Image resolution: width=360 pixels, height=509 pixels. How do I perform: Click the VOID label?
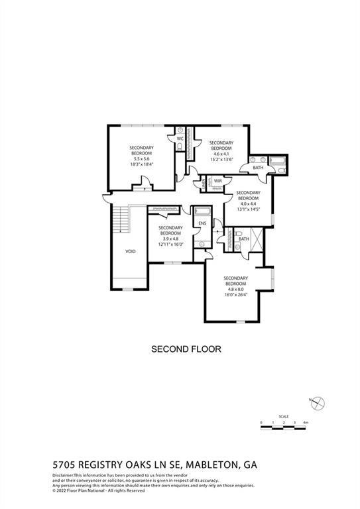point(130,252)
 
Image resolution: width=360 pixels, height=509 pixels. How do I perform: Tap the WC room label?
point(180,139)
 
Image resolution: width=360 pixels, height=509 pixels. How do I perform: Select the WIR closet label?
point(217,180)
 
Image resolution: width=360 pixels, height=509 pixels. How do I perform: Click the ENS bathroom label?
point(202,223)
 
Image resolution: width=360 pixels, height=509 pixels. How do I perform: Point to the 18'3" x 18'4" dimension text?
point(141,165)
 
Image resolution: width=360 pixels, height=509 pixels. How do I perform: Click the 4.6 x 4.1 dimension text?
point(221,154)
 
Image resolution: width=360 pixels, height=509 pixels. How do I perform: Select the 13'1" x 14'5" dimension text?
point(248,209)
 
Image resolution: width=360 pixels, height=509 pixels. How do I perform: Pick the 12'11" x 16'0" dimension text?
point(170,245)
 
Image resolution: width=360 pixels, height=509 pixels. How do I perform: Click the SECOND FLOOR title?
point(186,349)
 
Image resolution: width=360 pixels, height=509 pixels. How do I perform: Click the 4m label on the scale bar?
point(305,422)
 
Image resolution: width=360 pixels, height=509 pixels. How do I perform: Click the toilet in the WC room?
point(180,147)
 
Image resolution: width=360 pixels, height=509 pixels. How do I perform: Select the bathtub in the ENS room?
point(202,212)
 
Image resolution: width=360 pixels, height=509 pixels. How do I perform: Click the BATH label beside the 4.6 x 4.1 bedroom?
point(258,168)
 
